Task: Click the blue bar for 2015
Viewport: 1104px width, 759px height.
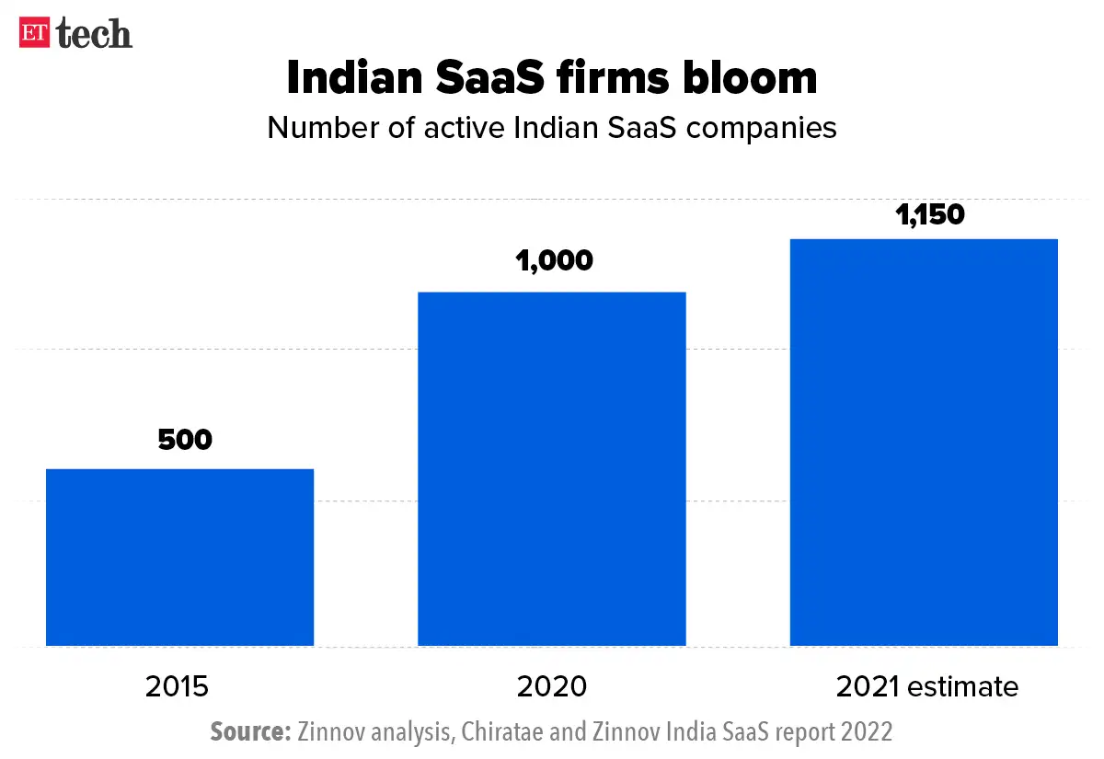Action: (x=180, y=558)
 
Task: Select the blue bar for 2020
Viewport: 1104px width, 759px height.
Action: (x=552, y=469)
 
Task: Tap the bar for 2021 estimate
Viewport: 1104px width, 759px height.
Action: (x=924, y=443)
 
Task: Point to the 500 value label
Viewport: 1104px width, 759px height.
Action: (x=185, y=440)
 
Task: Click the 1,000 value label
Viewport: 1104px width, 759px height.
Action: (x=554, y=261)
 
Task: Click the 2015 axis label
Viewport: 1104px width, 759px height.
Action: (x=178, y=686)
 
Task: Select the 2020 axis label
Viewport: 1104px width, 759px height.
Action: (x=551, y=686)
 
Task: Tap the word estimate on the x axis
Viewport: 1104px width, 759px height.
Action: (x=966, y=686)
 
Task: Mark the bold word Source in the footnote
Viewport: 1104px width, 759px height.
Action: (x=250, y=732)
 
